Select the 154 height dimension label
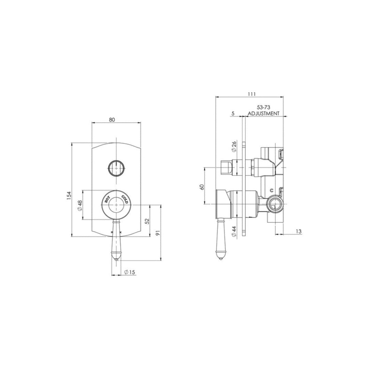point(68,195)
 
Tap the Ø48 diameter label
point(79,205)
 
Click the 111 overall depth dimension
point(252,94)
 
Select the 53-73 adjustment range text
point(263,108)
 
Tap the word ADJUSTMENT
point(263,113)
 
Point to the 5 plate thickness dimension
point(233,113)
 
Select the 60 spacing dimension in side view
point(202,187)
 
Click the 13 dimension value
point(298,231)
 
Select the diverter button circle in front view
point(116,167)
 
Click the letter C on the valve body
point(272,190)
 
